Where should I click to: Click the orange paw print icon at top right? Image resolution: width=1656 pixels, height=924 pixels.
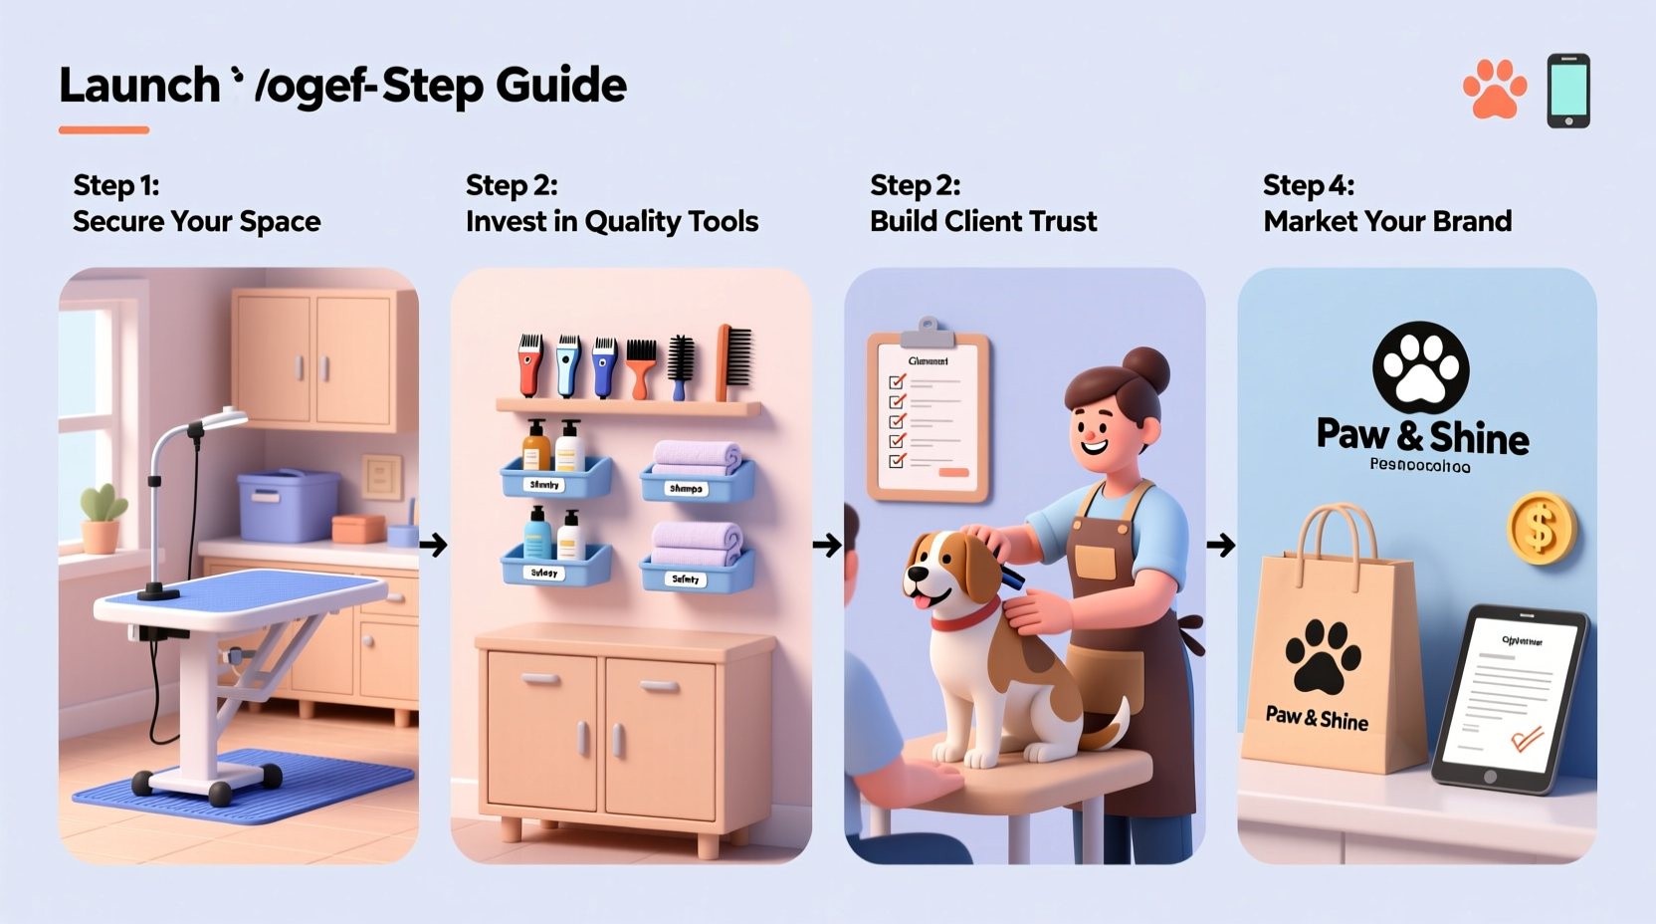coord(1494,91)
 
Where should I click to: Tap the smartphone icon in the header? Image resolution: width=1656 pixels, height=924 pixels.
coord(1568,91)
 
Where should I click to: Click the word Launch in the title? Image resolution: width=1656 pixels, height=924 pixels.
coord(139,86)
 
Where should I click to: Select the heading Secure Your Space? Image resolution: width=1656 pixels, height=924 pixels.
coord(196,221)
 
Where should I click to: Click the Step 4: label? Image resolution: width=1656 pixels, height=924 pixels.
coord(1308,185)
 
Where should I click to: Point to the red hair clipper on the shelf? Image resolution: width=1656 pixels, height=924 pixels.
coord(531,365)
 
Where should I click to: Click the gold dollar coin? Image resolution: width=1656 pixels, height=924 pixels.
coord(1541,529)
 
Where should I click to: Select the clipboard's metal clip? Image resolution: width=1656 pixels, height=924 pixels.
coord(928,332)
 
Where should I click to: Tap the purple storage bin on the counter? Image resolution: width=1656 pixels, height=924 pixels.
coord(289,505)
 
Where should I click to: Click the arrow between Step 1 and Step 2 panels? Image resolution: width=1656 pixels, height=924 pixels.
coord(433,545)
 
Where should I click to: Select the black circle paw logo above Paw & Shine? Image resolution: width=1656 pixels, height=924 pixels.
coord(1420,367)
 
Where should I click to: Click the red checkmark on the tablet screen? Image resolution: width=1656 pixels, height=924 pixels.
coord(1526,739)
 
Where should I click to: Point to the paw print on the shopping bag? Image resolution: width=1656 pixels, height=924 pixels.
coord(1322,657)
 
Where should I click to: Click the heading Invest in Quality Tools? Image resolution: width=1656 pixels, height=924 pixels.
coord(611,221)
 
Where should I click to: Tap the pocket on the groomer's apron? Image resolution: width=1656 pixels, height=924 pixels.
coord(1095,561)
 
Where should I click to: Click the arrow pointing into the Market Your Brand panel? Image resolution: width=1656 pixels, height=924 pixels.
coord(1220,545)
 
